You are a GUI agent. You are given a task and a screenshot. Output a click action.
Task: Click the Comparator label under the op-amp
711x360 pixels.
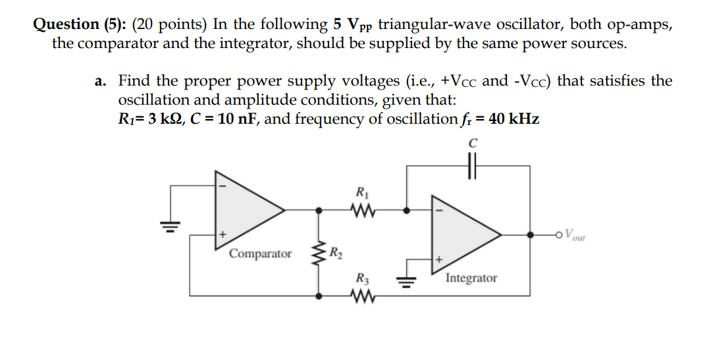click(x=261, y=254)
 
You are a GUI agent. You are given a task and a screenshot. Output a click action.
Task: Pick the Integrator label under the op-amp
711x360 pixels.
click(x=471, y=278)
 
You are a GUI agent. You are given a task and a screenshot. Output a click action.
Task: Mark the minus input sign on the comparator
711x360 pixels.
click(x=223, y=186)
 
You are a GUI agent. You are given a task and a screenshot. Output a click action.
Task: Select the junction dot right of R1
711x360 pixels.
click(x=407, y=211)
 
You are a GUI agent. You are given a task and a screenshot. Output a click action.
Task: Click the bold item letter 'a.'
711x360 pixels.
click(x=101, y=82)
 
